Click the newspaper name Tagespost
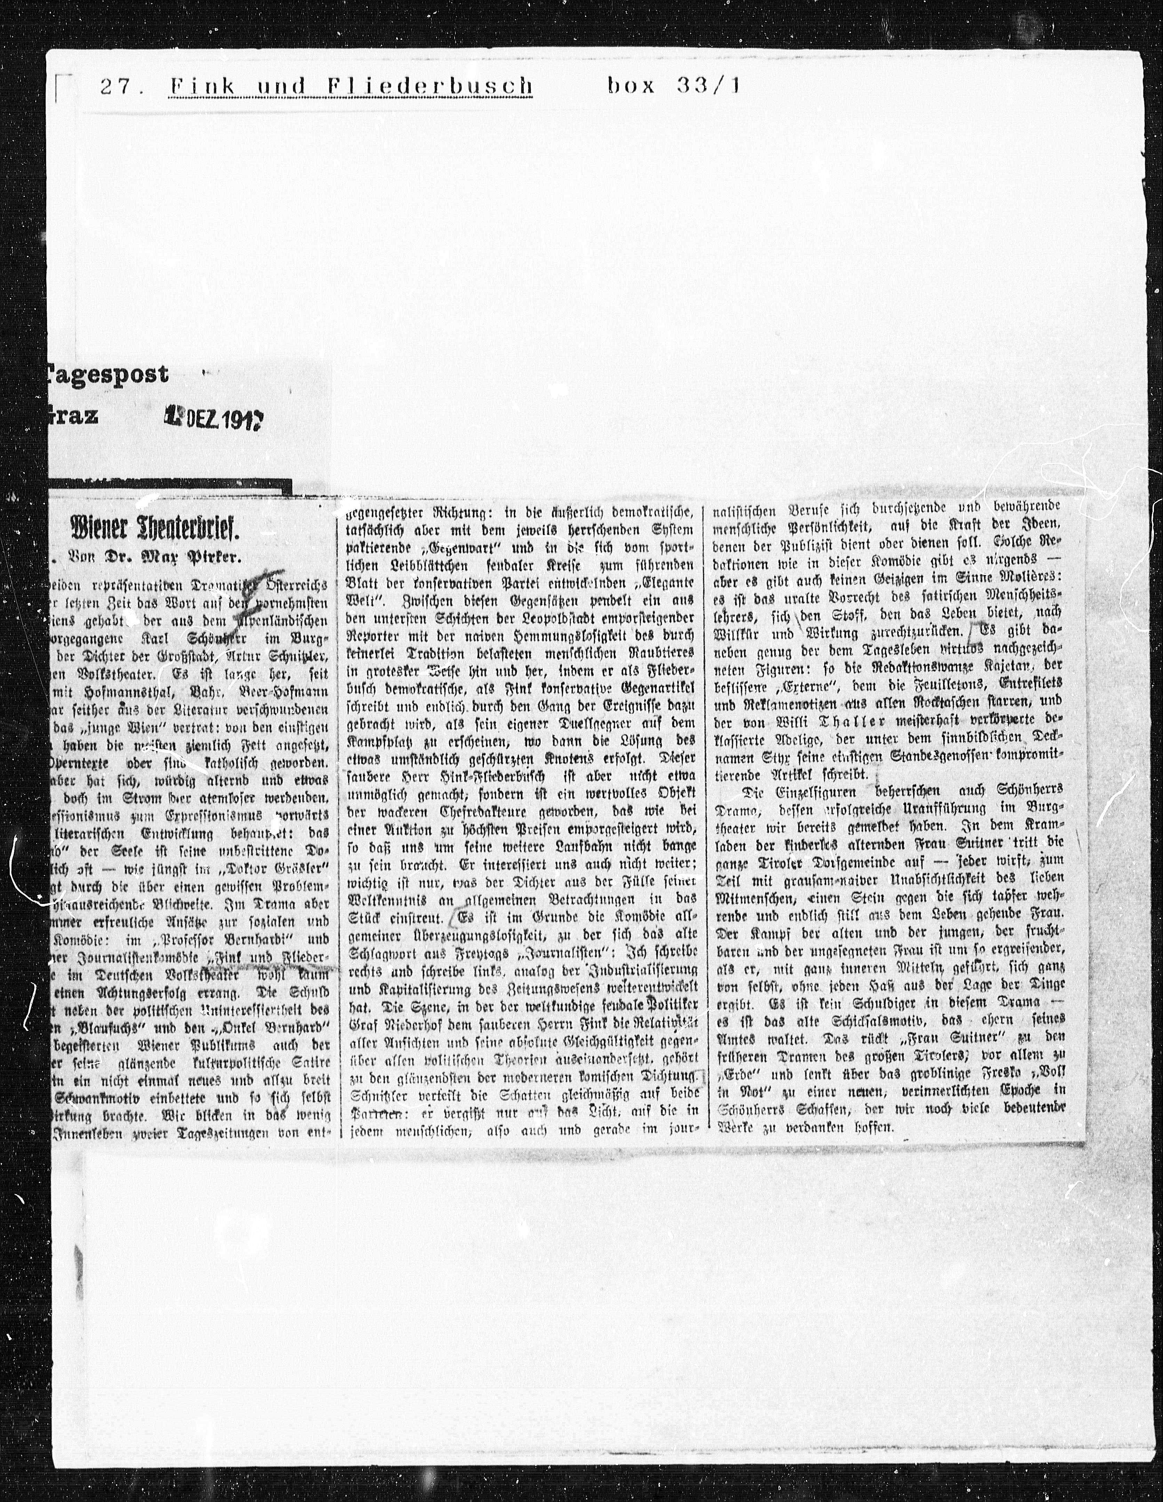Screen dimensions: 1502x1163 tap(107, 374)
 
